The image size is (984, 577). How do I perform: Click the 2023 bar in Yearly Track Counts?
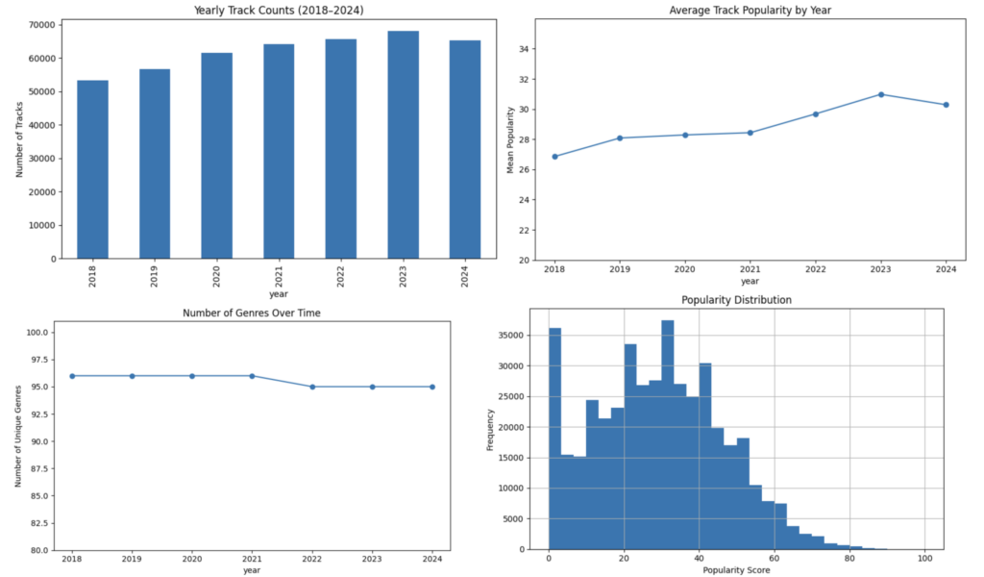pyautogui.click(x=403, y=144)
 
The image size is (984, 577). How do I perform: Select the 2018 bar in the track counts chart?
pyautogui.click(x=92, y=169)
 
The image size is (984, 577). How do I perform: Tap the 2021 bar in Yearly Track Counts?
pyautogui.click(x=279, y=151)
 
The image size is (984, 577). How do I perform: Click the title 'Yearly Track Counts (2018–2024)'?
pyautogui.click(x=279, y=10)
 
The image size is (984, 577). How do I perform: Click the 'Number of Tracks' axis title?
pyautogui.click(x=19, y=139)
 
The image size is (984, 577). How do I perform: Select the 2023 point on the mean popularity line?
pyautogui.click(x=881, y=95)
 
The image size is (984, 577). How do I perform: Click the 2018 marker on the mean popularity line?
pyautogui.click(x=554, y=157)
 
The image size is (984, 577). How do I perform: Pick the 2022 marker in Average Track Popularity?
pyautogui.click(x=816, y=114)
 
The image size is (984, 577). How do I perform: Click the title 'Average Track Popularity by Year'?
pyautogui.click(x=750, y=10)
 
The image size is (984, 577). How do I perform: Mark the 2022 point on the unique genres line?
pyautogui.click(x=312, y=387)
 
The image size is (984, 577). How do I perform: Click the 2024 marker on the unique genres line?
pyautogui.click(x=432, y=387)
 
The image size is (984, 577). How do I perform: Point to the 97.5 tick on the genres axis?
pyautogui.click(x=38, y=360)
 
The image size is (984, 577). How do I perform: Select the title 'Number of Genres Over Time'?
pyautogui.click(x=252, y=313)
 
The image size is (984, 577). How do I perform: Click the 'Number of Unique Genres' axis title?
pyautogui.click(x=18, y=437)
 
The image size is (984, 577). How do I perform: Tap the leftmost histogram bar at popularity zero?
pyautogui.click(x=554, y=439)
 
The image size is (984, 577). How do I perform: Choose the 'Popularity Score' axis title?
pyautogui.click(x=736, y=570)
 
